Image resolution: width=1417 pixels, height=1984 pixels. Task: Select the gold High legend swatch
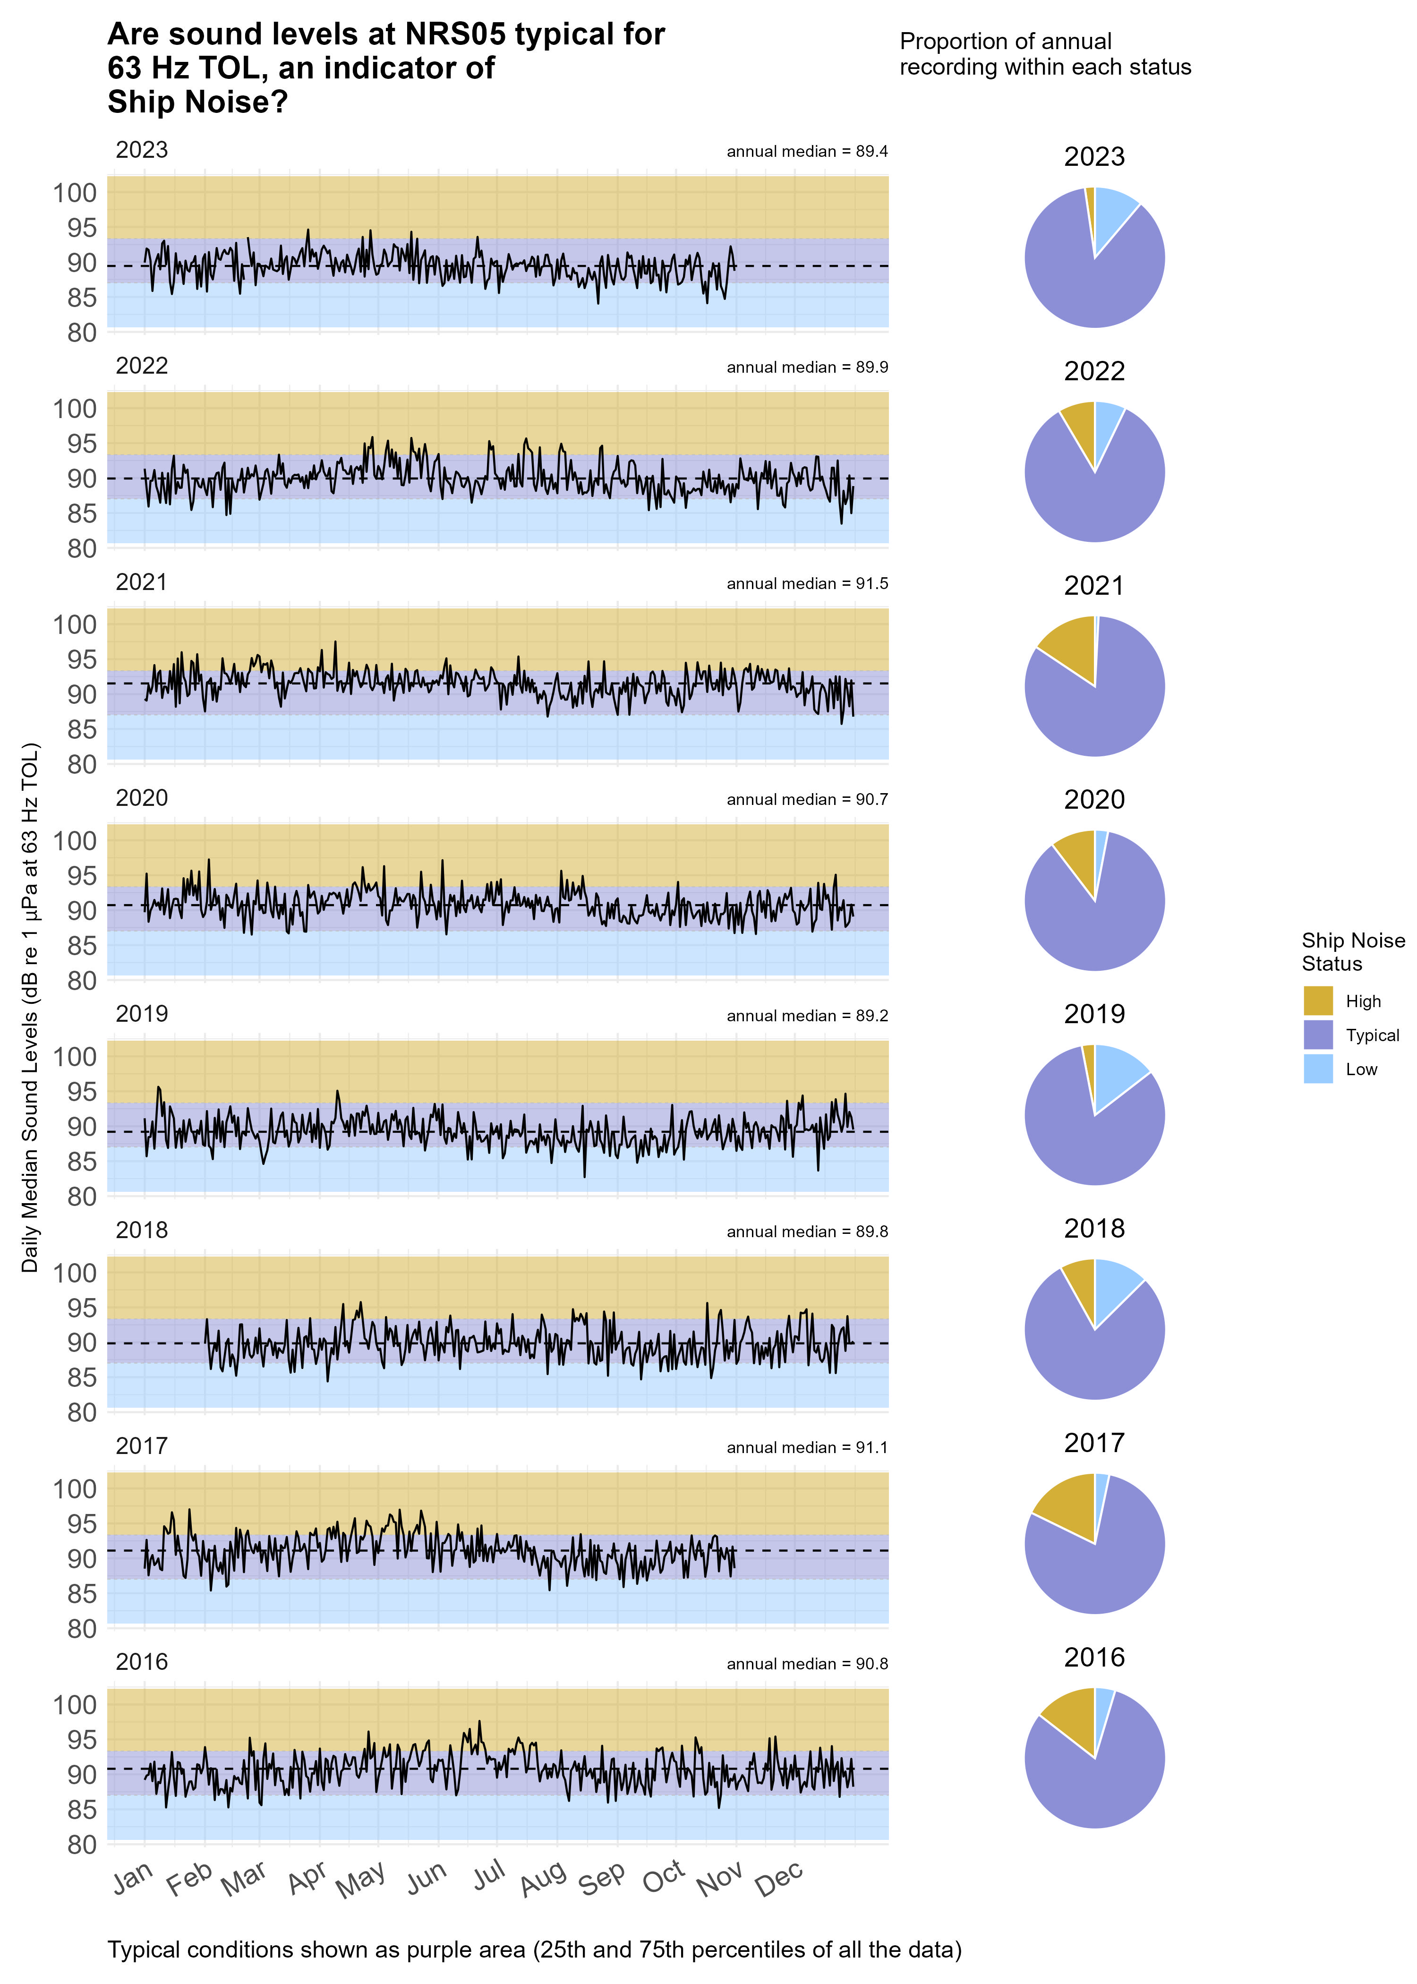[1317, 1001]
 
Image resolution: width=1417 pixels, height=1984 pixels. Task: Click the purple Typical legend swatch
[1317, 1035]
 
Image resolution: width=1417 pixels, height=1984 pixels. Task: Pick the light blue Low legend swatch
[1317, 1069]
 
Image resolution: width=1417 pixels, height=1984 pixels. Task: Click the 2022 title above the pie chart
[1094, 372]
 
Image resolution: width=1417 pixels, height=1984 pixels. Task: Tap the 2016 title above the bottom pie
[1094, 1658]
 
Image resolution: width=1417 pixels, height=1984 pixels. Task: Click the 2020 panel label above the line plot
[141, 798]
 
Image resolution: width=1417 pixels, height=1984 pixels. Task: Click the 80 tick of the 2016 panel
[82, 1844]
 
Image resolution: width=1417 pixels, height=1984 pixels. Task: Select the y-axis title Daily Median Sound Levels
[31, 1008]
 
